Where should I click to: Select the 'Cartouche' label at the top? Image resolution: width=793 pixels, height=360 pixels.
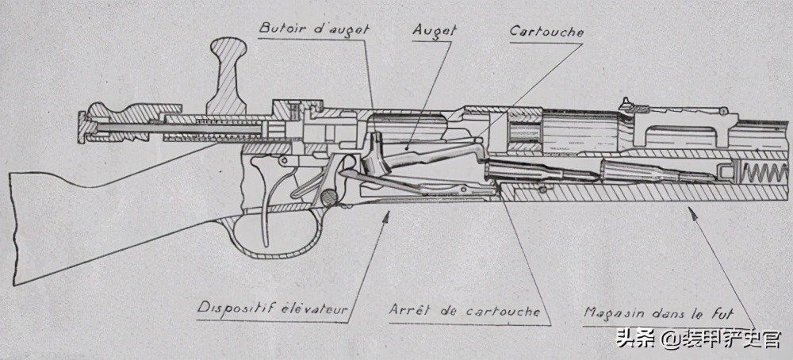[546, 33]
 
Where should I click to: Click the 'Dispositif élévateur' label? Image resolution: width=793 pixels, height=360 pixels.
[274, 307]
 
